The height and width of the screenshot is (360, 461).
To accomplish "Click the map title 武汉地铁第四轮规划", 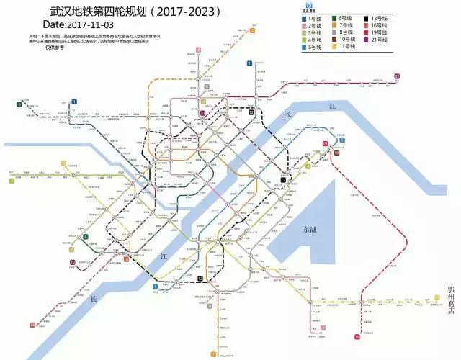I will coord(108,12).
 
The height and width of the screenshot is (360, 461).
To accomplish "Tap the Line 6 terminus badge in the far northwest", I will coord(19,105).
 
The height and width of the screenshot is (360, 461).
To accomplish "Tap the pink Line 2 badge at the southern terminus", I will coord(323,328).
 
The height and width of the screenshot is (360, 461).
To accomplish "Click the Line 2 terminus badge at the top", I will coord(197,52).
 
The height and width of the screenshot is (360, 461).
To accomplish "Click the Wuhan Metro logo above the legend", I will coord(310,6).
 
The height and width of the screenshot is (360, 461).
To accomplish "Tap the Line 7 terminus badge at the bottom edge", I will coord(212,355).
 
